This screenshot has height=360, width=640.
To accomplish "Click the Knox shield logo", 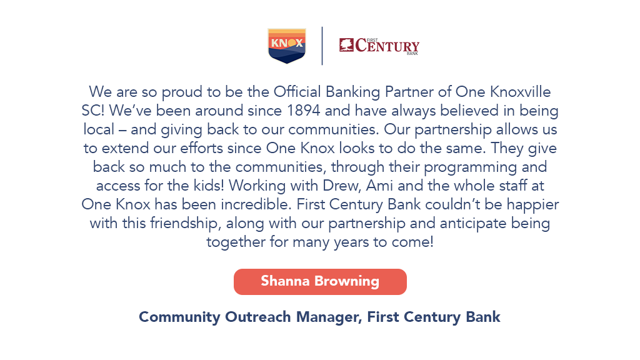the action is pos(287,46).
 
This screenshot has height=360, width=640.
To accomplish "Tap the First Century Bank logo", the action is pos(379,46).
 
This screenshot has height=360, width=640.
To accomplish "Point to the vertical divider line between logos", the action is pos(322,46).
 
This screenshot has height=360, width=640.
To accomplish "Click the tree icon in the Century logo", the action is pos(346,45).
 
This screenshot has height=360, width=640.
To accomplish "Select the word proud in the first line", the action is pos(182,92).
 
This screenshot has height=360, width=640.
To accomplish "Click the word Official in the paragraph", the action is pos(297,92).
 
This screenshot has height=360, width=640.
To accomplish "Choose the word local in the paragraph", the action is pos(99,129).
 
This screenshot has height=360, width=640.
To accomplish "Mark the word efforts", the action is pos(201,148).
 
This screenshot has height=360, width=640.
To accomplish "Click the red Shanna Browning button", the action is pos(320,282).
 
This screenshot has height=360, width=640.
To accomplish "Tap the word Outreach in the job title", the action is pos(258,317).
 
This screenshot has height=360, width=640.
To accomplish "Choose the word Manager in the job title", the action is pos(329,317).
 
